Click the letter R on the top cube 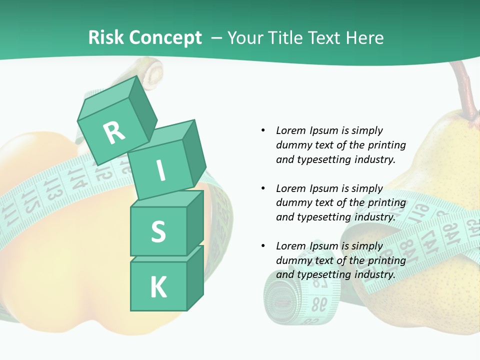114,132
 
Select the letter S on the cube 158,231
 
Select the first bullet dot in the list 263,130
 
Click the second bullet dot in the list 263,188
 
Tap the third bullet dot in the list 263,246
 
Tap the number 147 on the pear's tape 430,234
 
